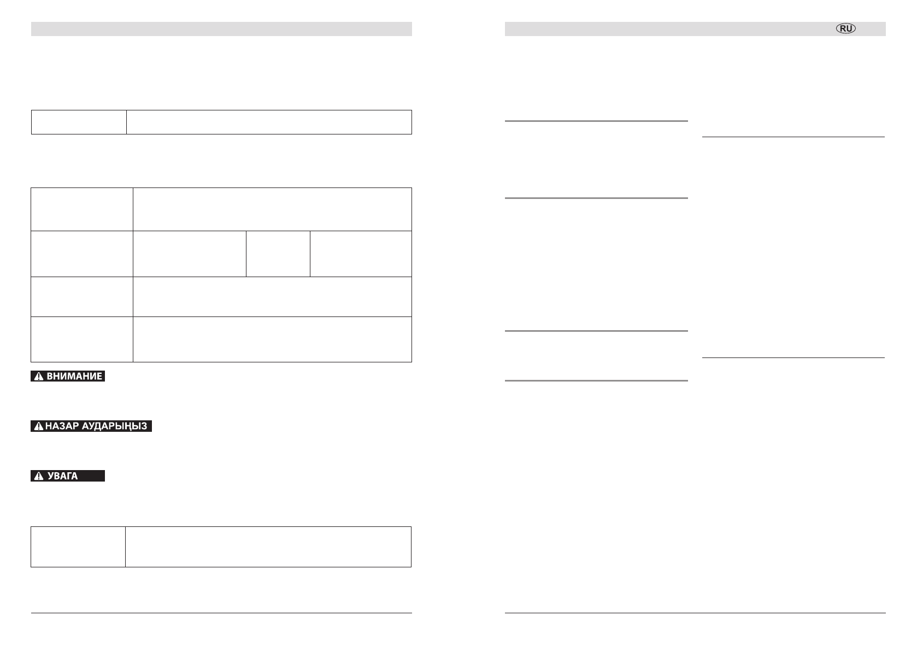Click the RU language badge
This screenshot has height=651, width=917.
tap(846, 29)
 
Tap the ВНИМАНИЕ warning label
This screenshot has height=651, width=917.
tap(68, 376)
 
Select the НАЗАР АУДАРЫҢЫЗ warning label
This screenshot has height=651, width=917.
tap(91, 426)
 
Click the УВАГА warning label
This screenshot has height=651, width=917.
tap(68, 476)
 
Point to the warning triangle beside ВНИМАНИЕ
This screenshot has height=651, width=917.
tap(39, 377)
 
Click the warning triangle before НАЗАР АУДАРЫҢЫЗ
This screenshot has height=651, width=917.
tap(39, 427)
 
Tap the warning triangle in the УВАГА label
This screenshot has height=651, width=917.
tap(39, 477)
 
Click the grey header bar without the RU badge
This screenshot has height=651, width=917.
tap(221, 29)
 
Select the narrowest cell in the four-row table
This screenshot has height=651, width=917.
tap(278, 254)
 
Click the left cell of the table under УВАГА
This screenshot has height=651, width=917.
tap(78, 547)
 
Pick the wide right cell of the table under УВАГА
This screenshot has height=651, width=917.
tap(268, 547)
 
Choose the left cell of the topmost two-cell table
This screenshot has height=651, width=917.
tap(79, 122)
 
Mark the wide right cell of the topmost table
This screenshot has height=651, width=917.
tap(269, 122)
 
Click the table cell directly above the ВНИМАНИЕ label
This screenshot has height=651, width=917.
tap(82, 339)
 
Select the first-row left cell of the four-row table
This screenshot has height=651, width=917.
tap(82, 209)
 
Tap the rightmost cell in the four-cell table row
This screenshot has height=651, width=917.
tap(361, 254)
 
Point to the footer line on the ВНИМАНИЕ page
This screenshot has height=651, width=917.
tap(221, 613)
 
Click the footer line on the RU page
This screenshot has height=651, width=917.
tap(695, 613)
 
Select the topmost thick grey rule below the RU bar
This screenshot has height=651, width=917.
tap(596, 121)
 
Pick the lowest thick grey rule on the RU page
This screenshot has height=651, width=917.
tap(596, 380)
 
